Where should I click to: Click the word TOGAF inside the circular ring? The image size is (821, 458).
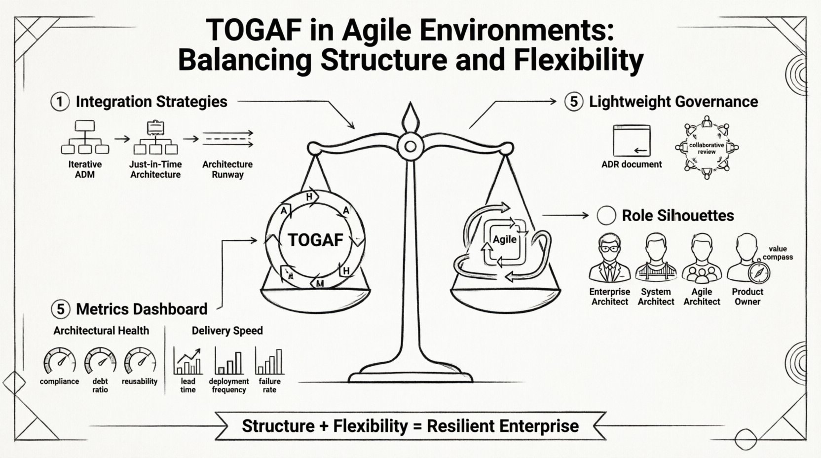315,240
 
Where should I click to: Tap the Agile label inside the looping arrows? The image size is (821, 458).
504,239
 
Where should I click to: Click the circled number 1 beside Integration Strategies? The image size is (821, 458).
60,102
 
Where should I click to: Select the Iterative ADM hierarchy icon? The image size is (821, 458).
84,137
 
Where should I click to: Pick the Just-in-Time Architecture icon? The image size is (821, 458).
155,138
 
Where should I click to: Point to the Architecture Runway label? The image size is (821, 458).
227,169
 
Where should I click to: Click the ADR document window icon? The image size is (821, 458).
632,141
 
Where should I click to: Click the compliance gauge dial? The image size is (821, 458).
60,361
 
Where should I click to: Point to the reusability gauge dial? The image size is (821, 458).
140,361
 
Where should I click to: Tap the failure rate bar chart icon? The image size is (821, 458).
269,361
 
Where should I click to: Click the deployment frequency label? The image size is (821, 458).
228,385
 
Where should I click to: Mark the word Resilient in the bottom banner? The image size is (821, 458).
461,426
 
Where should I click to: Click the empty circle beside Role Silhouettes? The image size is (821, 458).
606,216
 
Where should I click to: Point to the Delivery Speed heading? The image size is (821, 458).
227,331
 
